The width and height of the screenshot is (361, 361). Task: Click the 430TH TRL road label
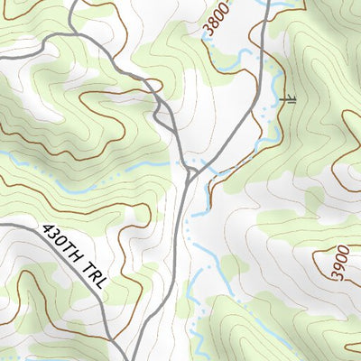coord(75,257)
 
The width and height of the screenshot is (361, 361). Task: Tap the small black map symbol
coord(289,97)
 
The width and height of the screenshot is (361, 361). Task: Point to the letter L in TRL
coord(102,283)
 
